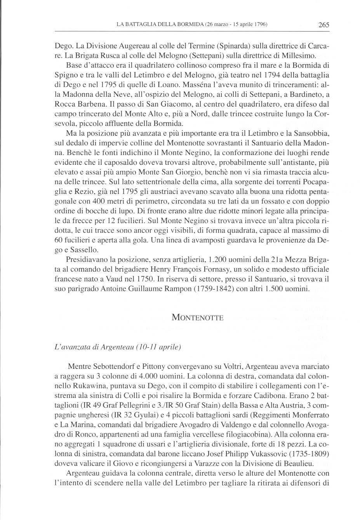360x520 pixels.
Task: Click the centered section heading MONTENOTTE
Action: [x=197, y=318]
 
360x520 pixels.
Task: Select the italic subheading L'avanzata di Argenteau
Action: [x=118, y=346]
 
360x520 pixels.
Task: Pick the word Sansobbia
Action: [x=310, y=134]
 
